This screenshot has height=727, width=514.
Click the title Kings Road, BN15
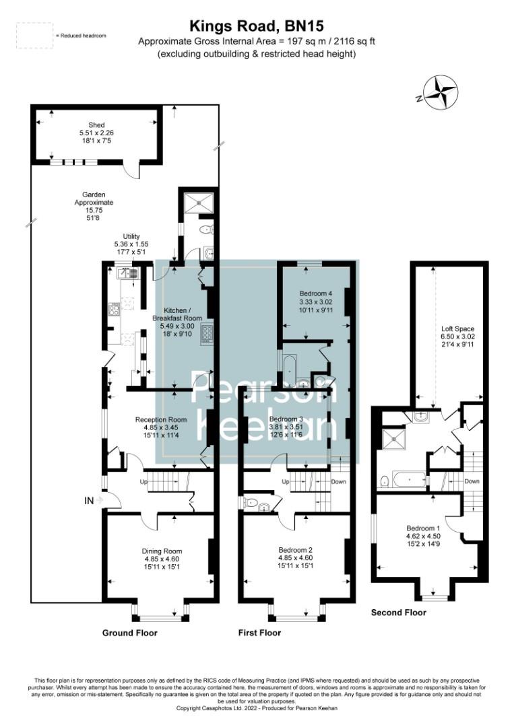pyautogui.click(x=256, y=27)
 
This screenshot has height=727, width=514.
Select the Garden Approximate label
pyautogui.click(x=94, y=206)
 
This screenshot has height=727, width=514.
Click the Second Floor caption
pyautogui.click(x=399, y=613)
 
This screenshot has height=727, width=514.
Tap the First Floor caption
pyautogui.click(x=260, y=633)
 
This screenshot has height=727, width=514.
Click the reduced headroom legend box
pyautogui.click(x=34, y=35)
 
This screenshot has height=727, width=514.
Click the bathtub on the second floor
pyautogui.click(x=410, y=481)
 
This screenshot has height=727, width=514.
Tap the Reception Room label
pyautogui.click(x=161, y=427)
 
